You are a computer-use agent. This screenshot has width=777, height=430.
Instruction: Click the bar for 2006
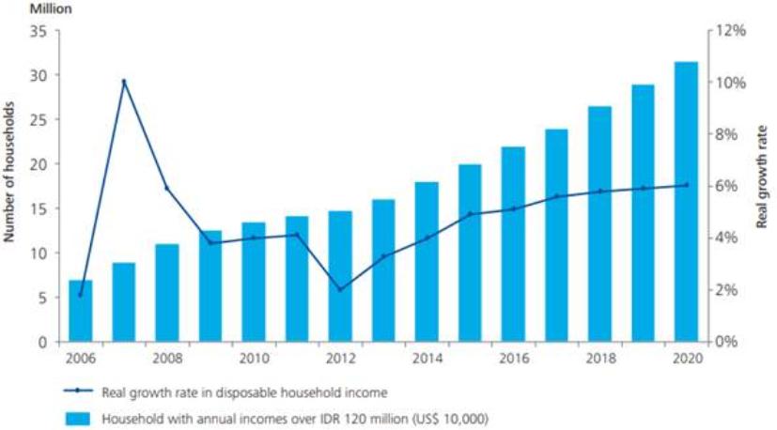[81, 311]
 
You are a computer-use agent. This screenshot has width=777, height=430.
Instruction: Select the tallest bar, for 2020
[686, 201]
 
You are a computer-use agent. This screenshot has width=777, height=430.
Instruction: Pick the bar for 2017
[556, 235]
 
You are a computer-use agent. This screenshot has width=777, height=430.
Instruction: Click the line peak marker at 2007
[124, 82]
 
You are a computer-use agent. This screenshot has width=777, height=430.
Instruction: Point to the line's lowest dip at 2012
[340, 289]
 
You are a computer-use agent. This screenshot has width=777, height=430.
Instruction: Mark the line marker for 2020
[686, 185]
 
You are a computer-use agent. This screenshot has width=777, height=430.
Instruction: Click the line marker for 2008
[167, 188]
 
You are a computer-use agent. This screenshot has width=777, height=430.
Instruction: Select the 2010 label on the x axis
[254, 359]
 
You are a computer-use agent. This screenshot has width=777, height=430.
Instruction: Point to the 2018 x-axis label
[599, 359]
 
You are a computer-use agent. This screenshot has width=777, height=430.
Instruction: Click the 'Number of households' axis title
[10, 187]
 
